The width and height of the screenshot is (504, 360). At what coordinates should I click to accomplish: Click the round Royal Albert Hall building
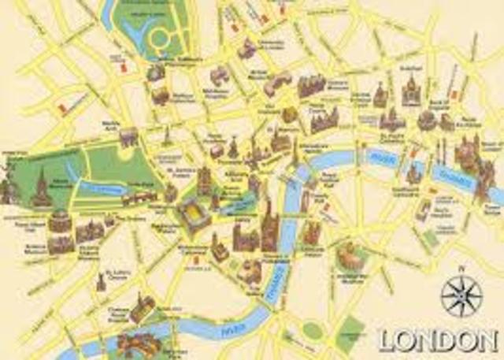59,221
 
